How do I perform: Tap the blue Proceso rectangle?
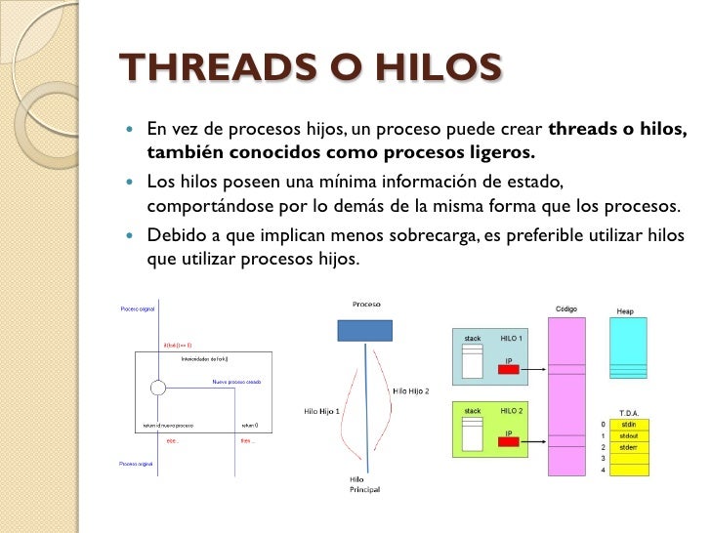pos(364,330)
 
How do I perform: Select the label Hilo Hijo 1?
pos(321,411)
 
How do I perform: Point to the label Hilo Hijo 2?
pos(411,391)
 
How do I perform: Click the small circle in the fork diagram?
pos(156,389)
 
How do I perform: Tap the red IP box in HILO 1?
pos(507,369)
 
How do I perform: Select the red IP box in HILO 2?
pos(507,441)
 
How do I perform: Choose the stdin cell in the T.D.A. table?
pos(628,425)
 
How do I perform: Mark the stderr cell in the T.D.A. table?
pos(628,446)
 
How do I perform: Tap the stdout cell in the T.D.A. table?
pos(628,435)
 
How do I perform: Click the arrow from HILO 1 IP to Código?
pos(532,369)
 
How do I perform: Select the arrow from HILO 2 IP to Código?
pos(532,441)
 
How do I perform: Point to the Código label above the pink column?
pos(566,309)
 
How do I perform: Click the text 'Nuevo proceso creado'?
pos(237,382)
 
